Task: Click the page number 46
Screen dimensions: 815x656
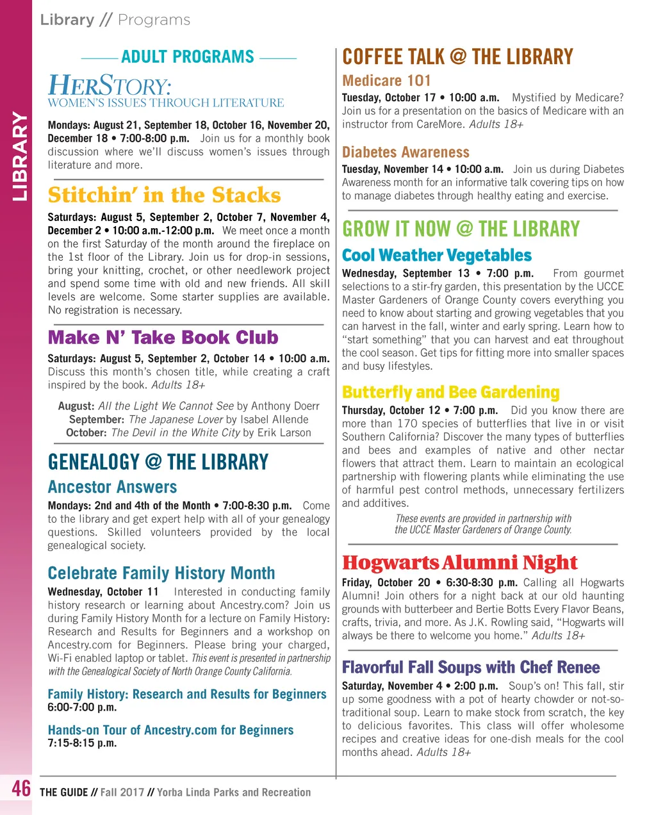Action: point(21,788)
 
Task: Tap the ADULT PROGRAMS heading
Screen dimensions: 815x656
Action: point(188,57)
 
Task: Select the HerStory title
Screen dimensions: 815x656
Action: point(110,86)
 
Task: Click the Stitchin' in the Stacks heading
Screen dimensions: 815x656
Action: point(164,195)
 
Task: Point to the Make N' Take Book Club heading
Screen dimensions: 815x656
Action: point(163,338)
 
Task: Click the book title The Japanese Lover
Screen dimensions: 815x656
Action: point(176,420)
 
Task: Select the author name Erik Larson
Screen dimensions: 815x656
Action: point(284,432)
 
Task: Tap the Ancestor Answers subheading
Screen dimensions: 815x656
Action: point(112,487)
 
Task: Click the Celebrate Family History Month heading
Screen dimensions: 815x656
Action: point(161,573)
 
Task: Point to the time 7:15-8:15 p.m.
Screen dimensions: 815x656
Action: point(82,743)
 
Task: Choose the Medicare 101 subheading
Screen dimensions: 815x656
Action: point(386,81)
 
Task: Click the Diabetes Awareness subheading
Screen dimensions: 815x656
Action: point(406,152)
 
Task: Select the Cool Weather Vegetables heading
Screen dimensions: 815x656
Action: point(437,255)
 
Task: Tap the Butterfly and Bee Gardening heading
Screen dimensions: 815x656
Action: point(450,392)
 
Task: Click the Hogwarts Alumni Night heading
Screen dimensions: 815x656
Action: point(459,563)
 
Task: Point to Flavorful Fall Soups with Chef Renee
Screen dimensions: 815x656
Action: point(471,667)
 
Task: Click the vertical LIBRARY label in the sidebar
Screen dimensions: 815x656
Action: point(20,157)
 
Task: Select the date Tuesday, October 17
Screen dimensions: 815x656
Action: point(388,98)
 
